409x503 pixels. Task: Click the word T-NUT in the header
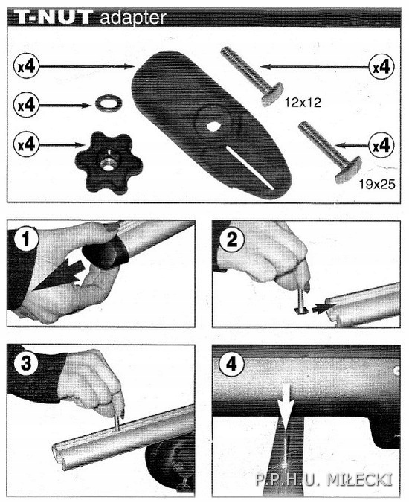pos(51,16)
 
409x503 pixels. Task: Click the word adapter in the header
pos(132,17)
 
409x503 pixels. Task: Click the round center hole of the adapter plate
pos(213,126)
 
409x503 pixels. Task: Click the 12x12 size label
pos(302,104)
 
